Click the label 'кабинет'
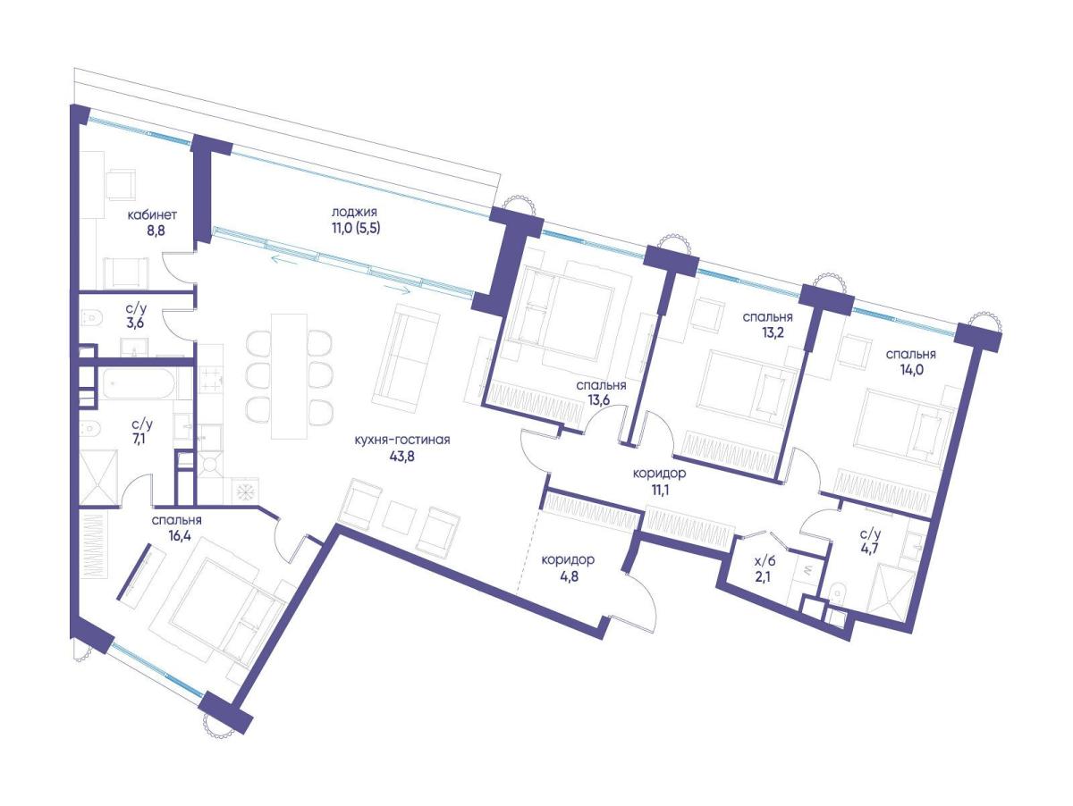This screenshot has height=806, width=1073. (x=151, y=215)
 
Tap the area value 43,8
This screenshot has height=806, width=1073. (x=401, y=457)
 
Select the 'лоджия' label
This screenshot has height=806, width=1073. (x=354, y=212)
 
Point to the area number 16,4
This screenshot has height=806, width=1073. (x=178, y=536)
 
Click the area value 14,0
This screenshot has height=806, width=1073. (x=911, y=370)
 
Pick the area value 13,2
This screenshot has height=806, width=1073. (x=767, y=332)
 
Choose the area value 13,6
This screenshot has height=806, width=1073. (x=600, y=400)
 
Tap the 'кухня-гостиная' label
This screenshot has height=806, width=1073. (x=401, y=440)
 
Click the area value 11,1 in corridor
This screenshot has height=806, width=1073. (x=659, y=489)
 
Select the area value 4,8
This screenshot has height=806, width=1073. (x=567, y=576)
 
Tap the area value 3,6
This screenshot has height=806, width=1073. (x=135, y=323)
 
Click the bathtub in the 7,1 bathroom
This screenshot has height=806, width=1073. (x=138, y=383)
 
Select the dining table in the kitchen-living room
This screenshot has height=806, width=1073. (x=290, y=375)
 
